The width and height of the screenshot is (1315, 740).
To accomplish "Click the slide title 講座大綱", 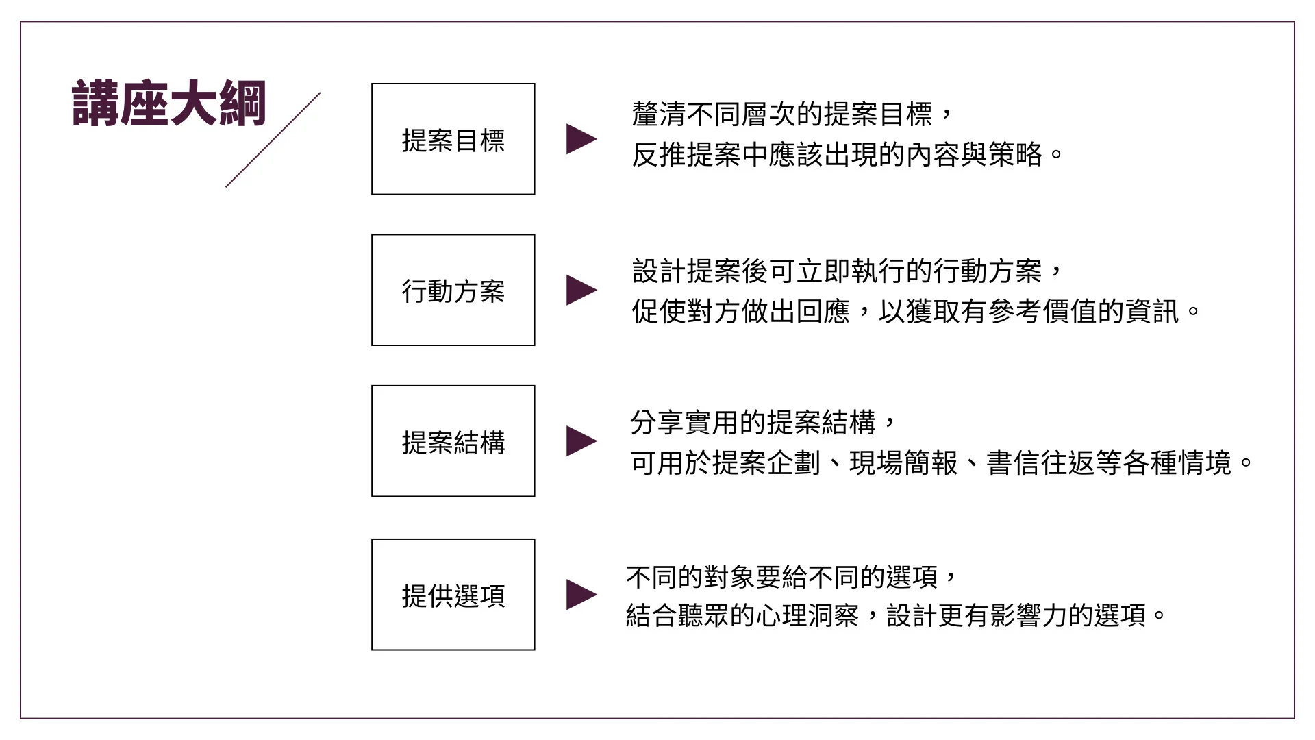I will (168, 104).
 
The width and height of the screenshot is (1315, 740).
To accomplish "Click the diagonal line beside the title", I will (273, 140).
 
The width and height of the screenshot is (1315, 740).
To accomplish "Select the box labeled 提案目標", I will (453, 140).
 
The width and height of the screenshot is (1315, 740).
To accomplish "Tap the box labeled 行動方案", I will (453, 291).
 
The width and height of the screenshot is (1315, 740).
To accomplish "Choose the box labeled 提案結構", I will (453, 442).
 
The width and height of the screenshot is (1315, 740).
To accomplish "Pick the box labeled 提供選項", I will (453, 595).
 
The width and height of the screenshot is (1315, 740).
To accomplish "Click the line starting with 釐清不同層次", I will (792, 114).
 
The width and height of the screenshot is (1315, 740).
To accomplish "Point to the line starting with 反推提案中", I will (847, 155).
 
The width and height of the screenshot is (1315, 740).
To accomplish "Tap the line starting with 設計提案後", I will (847, 271).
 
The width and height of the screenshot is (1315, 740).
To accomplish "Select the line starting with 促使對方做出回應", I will (915, 312).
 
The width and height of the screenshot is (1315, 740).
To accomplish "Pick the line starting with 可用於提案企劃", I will (941, 463).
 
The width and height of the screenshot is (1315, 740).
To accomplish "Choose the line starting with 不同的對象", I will (790, 577).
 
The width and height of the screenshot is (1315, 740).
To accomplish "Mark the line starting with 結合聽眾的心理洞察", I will (894, 615).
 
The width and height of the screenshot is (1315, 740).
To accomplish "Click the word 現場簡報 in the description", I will (903, 463).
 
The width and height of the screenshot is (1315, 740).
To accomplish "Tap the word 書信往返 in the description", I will (1040, 463).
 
